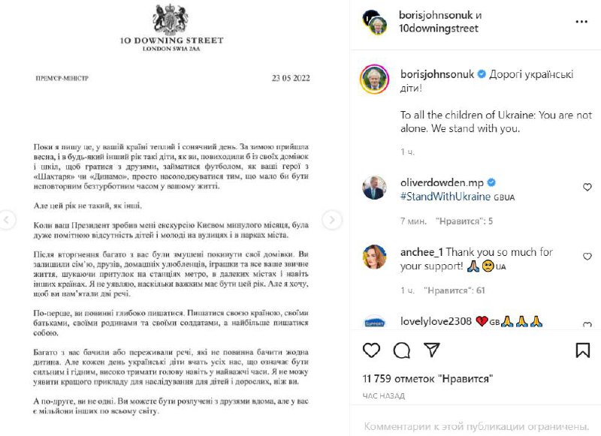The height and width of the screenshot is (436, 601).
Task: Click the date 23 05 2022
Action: [291, 78]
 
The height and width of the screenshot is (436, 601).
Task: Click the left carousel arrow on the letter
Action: [8, 220]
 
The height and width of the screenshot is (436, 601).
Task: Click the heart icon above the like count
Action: [371, 350]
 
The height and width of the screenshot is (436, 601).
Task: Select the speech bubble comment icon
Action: [401, 350]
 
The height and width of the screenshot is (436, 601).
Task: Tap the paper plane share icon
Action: [431, 350]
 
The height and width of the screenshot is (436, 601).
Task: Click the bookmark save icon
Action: [582, 350]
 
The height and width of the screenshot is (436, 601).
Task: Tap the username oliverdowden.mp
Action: [442, 182]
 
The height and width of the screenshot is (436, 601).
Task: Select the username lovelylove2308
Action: [436, 321]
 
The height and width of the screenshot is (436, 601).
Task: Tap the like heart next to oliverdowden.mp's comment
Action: [587, 187]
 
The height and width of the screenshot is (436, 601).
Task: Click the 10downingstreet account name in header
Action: [439, 29]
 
